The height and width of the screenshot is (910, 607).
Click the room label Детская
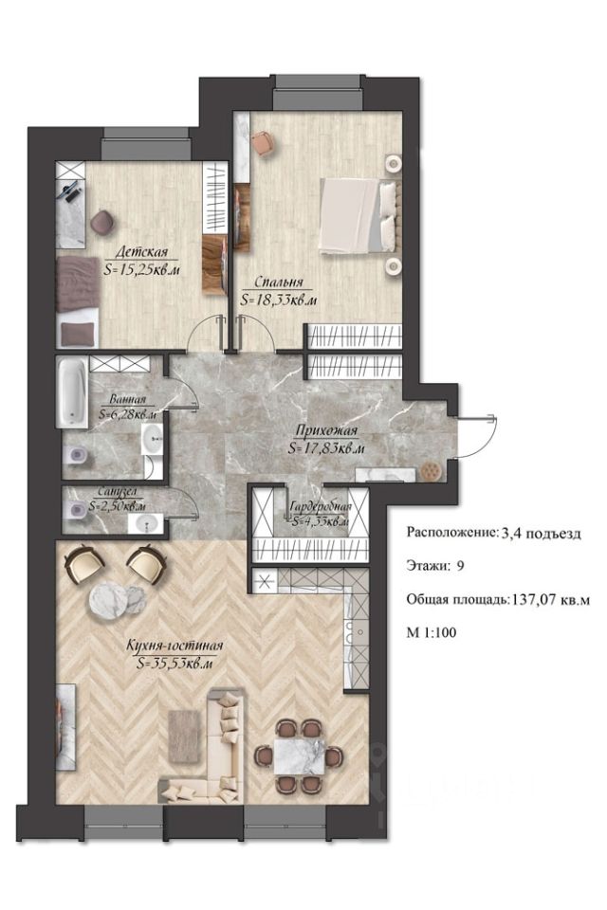141,252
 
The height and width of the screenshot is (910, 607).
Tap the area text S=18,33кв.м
279,300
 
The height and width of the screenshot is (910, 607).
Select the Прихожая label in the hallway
326,430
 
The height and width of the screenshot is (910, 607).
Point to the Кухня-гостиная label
175,646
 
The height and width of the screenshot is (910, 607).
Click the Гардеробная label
322,505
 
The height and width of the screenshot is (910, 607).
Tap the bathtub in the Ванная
73,391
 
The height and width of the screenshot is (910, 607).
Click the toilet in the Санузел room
77,511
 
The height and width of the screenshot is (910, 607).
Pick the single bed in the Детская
78,301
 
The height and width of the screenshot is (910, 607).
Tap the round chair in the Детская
102,221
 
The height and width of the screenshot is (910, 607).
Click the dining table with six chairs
298,755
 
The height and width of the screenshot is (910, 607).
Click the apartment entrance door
476,436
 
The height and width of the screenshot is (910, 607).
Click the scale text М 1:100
432,632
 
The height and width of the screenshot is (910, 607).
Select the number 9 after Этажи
460,566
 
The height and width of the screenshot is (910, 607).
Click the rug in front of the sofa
185,736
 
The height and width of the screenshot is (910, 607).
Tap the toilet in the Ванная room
77,454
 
